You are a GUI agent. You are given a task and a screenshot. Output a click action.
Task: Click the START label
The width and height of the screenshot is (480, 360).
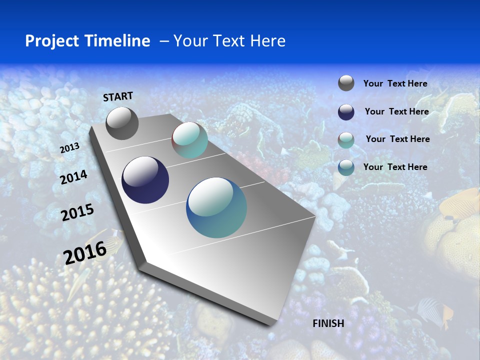[118, 96]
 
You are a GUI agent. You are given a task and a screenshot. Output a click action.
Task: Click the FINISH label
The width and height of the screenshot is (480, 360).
[328, 323]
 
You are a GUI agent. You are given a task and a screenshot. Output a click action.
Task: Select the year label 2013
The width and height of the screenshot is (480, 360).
[70, 147]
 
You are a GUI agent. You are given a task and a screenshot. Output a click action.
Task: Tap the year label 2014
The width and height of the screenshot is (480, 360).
[73, 177]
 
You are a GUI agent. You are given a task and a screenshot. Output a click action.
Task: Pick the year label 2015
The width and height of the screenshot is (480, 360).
[77, 212]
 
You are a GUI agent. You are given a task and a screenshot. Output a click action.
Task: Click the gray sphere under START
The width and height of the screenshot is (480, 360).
[122, 123]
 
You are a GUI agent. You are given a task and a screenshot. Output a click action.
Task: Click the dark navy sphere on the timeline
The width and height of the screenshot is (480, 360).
[145, 180]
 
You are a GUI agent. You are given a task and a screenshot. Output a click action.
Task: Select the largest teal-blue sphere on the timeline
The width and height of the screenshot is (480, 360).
[216, 207]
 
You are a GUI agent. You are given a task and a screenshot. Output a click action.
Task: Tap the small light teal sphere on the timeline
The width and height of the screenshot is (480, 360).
[189, 140]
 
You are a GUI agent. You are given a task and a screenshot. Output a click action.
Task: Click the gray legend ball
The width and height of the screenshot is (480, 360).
[346, 83]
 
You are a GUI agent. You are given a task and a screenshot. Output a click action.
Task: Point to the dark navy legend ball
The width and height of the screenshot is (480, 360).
[346, 112]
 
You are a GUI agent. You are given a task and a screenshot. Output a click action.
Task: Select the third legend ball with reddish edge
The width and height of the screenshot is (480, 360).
[346, 140]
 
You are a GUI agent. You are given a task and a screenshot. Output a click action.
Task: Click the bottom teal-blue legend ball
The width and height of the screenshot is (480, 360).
[346, 167]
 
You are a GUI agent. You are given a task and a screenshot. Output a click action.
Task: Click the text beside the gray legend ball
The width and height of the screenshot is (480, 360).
[395, 84]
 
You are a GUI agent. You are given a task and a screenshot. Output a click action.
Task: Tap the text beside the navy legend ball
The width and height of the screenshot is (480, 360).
[396, 111]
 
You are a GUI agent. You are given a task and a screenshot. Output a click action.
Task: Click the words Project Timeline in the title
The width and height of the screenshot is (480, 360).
[87, 41]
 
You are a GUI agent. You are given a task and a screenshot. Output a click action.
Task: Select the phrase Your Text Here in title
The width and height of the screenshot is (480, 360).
[229, 41]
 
